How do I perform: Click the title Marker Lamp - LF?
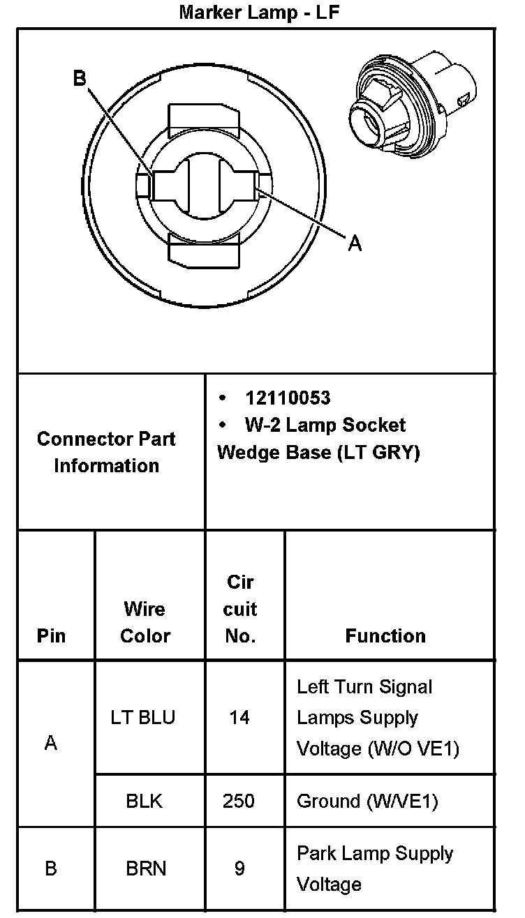click(x=259, y=12)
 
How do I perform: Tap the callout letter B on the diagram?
click(x=80, y=78)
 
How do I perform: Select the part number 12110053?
click(x=288, y=398)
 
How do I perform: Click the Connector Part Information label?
click(x=106, y=452)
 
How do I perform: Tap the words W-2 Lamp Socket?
click(x=325, y=425)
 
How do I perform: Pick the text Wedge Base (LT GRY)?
click(x=318, y=453)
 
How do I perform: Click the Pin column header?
click(x=52, y=635)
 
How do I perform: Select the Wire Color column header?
click(x=145, y=622)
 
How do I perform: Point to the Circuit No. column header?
click(x=240, y=609)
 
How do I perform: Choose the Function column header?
click(x=385, y=635)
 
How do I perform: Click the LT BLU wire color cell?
click(x=142, y=717)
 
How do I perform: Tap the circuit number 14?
click(x=239, y=717)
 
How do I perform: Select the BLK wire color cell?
click(x=145, y=801)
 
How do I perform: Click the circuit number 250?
click(x=239, y=801)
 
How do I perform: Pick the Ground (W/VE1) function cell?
click(x=367, y=801)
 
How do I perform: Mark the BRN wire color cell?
click(x=146, y=868)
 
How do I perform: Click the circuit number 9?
click(x=239, y=868)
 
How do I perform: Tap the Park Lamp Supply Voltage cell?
click(x=374, y=868)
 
